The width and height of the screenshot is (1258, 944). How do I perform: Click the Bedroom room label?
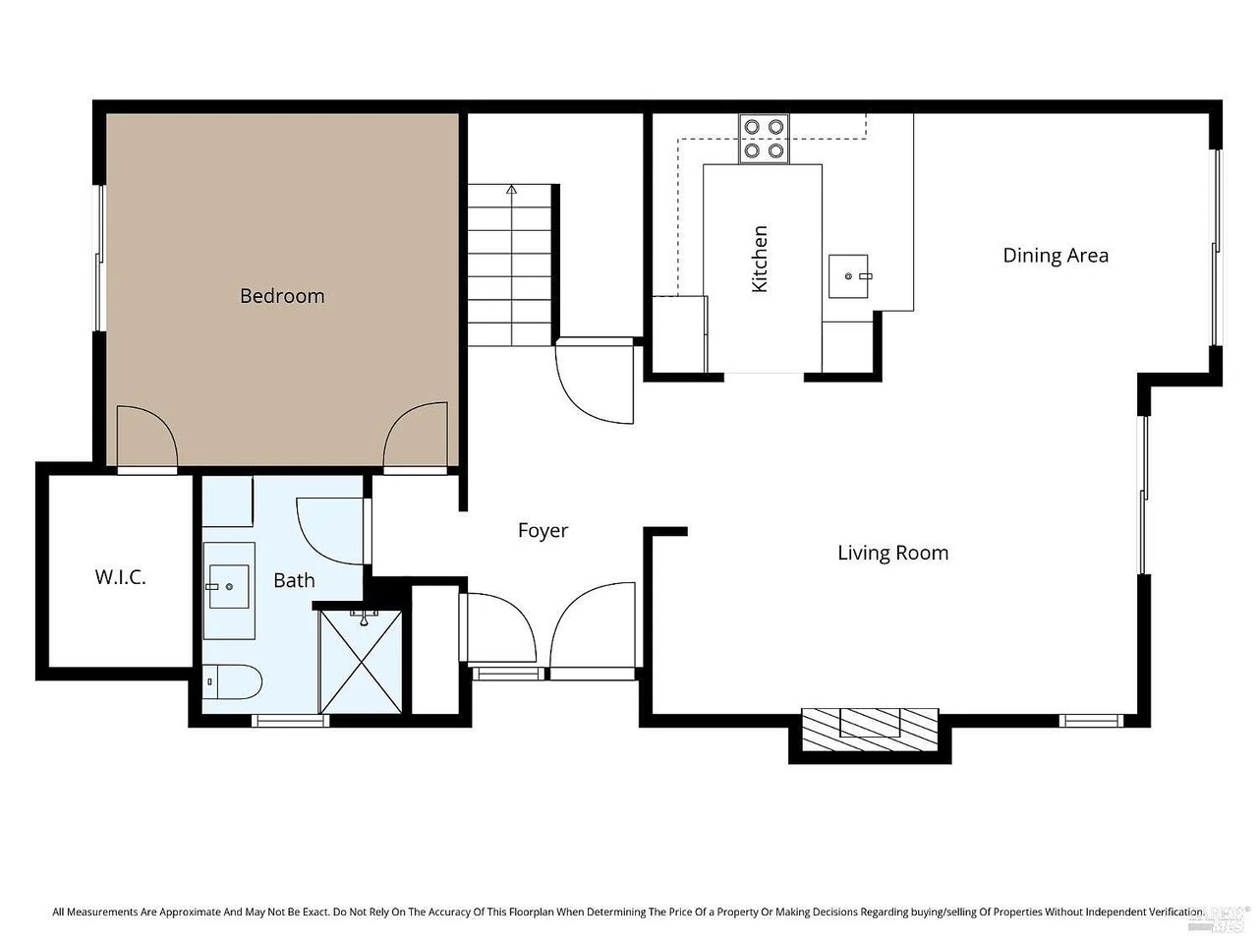click(281, 296)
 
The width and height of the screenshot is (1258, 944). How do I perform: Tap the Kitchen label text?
click(759, 259)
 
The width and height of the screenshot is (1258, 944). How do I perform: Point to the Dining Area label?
click(1056, 256)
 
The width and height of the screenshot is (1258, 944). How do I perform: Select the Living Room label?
click(892, 553)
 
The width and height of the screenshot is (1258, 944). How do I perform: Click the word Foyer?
click(543, 531)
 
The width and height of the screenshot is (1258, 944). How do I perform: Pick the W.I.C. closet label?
click(120, 577)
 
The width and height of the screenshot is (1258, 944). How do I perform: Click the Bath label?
click(294, 580)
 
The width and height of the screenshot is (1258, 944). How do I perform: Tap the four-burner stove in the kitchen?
click(764, 139)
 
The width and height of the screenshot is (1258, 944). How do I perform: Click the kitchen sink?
click(847, 276)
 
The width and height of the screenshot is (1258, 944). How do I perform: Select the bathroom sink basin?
click(229, 586)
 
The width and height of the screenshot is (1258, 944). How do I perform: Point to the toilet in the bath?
click(232, 682)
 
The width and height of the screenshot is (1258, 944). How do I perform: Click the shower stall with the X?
click(361, 662)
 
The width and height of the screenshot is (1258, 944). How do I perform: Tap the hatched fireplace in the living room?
click(870, 729)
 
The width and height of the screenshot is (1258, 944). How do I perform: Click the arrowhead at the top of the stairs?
click(511, 189)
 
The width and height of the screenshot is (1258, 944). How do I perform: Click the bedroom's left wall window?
click(99, 258)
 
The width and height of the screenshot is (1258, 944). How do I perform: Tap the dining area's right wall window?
click(1216, 248)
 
